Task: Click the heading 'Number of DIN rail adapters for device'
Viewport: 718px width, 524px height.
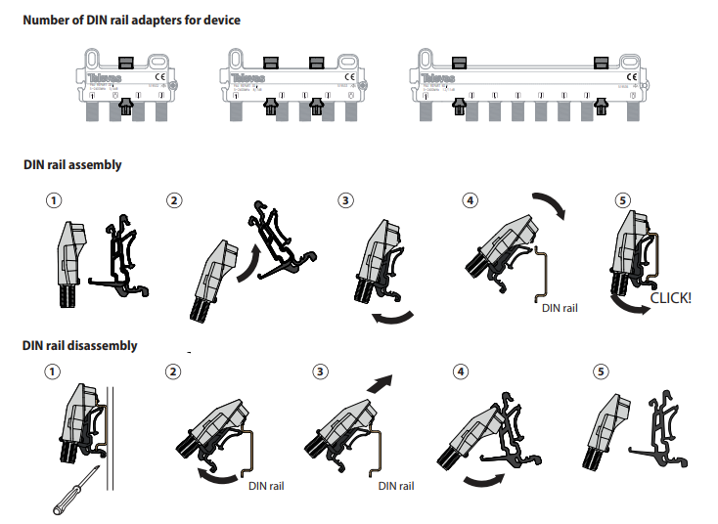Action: coord(131,20)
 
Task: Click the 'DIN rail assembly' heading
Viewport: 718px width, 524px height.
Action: coord(72,164)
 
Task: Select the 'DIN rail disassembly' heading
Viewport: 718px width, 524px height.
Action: coord(80,345)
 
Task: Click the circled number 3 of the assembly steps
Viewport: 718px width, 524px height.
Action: coord(345,200)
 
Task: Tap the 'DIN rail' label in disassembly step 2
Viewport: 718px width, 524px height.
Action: coord(266,486)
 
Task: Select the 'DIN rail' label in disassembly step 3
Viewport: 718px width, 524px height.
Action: coord(396,486)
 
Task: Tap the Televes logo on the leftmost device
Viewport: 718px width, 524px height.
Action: coord(101,76)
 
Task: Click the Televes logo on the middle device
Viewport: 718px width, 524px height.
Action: coord(257,76)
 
